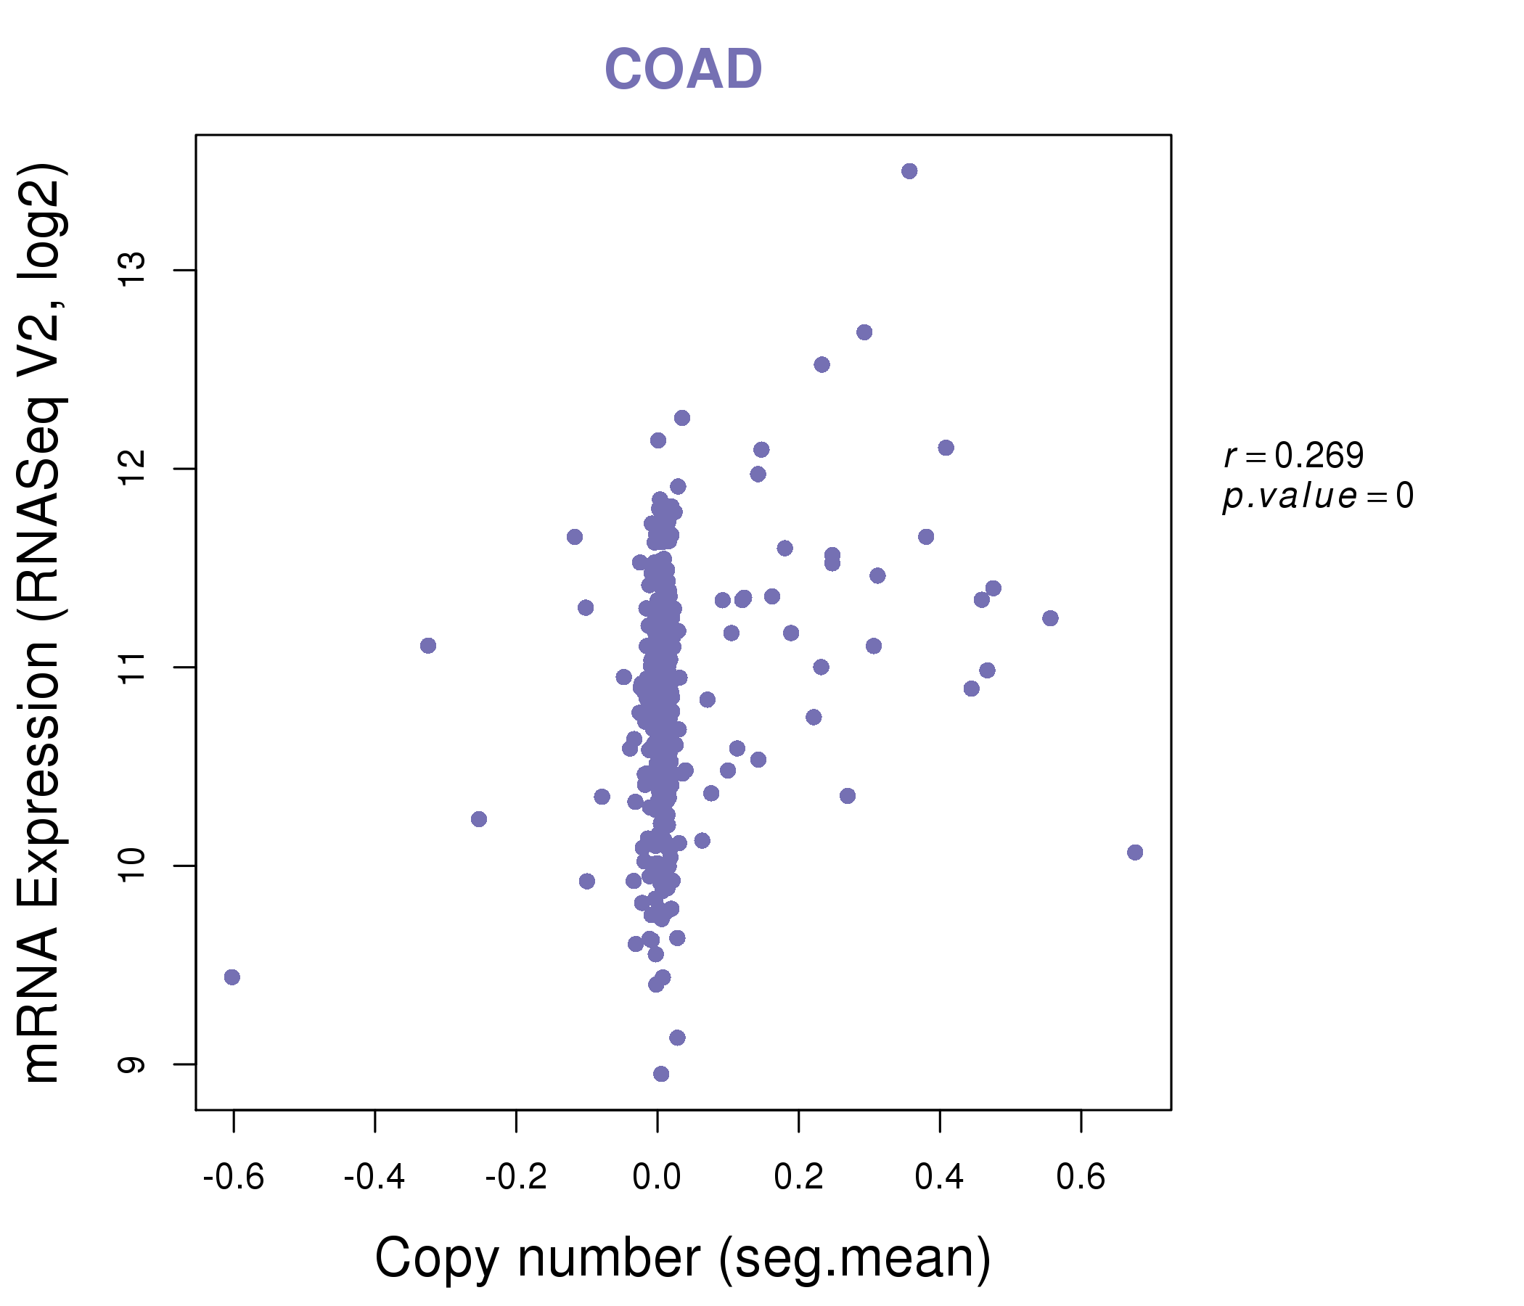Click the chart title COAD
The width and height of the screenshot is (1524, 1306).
coord(683,70)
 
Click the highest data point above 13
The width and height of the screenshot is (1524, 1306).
coord(909,171)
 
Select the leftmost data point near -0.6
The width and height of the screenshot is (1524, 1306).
coord(232,977)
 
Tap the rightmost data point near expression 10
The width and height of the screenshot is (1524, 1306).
coord(1135,853)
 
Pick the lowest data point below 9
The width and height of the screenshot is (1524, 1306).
coord(661,1074)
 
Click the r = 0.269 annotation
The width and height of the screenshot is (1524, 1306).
coord(1294,456)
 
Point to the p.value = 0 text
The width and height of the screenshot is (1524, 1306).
coord(1317,496)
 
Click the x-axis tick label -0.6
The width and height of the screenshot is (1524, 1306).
coord(233,1178)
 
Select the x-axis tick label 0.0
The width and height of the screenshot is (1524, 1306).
coord(657,1178)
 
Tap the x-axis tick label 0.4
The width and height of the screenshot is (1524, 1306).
coord(939,1178)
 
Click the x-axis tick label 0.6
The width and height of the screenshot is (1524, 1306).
coord(1081,1178)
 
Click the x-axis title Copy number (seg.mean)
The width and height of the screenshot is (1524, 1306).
coord(683,1258)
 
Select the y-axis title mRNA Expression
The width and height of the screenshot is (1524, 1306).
coord(42,623)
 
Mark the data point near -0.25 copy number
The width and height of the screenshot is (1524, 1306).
coord(479,819)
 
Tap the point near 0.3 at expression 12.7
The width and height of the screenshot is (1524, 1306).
coord(864,332)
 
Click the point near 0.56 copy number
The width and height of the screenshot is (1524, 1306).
coord(1050,618)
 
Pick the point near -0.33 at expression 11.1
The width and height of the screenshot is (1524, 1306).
coord(428,646)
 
